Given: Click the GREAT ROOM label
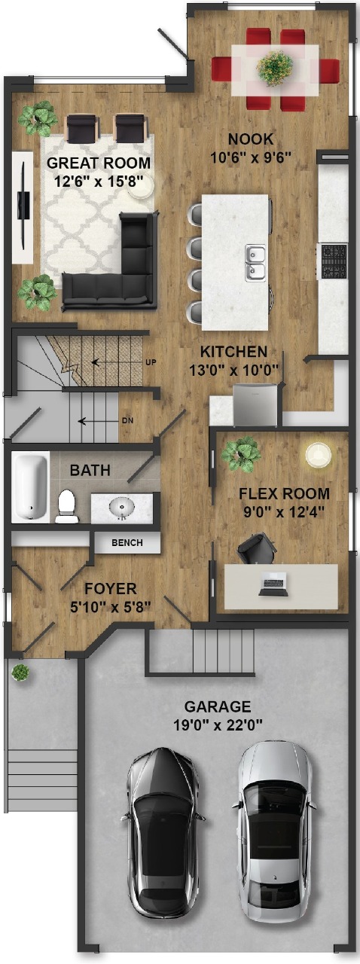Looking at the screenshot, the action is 99,163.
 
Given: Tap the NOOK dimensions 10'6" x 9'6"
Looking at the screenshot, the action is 252,157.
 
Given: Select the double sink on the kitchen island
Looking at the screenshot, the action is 256,263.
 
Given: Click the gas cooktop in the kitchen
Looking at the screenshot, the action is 334,261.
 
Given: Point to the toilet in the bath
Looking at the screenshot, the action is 67,507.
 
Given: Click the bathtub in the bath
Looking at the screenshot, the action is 29,487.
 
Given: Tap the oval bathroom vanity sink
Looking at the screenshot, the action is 121,507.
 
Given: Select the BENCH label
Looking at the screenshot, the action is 127,543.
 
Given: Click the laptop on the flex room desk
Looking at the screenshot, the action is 273,584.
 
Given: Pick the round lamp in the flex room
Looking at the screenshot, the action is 319,454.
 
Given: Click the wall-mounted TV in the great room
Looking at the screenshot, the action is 23,206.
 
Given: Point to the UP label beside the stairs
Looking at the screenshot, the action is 151,362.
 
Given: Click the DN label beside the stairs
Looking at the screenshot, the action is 127,420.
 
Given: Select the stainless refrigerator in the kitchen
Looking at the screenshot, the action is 256,405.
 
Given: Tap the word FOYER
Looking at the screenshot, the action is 110,589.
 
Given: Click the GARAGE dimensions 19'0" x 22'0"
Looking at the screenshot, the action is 218,725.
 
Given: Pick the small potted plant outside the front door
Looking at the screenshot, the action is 20,672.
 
